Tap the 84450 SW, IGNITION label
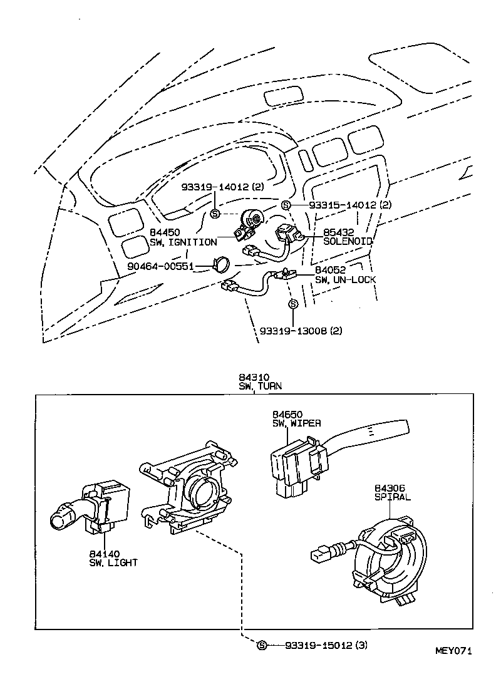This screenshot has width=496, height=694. (x=183, y=237)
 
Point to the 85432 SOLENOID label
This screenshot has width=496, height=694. (x=348, y=236)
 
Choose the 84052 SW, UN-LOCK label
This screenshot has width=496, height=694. (x=345, y=274)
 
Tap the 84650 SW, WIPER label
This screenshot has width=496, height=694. (x=296, y=419)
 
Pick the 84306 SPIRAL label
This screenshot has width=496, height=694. (x=393, y=492)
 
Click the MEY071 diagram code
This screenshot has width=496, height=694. (x=453, y=651)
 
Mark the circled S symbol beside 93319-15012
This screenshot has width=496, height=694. (x=262, y=645)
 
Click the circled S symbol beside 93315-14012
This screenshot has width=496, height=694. (x=286, y=205)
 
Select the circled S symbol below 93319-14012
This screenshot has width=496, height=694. (x=215, y=214)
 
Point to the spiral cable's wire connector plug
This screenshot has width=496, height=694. (x=321, y=554)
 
